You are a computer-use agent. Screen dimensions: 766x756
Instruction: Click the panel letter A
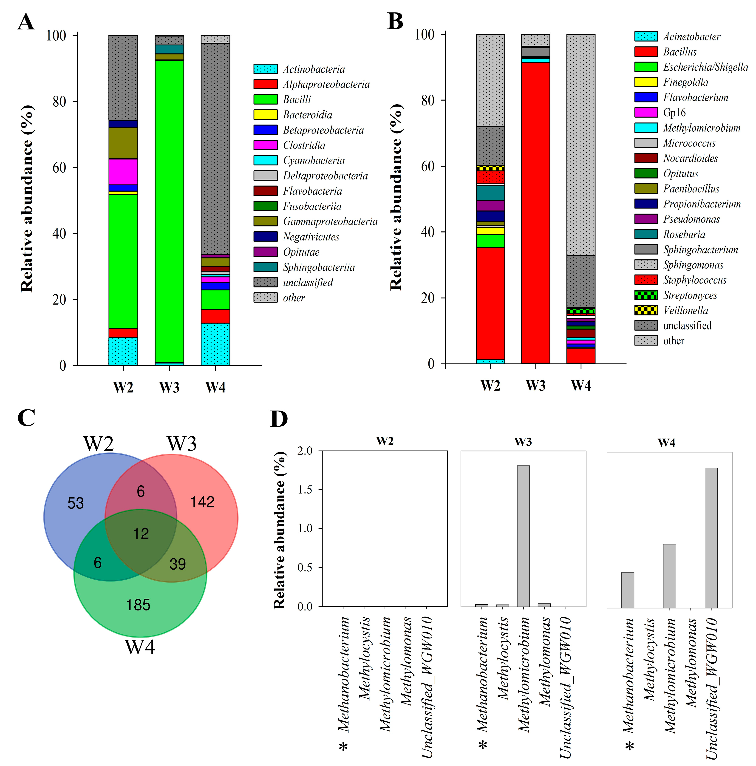click(26, 22)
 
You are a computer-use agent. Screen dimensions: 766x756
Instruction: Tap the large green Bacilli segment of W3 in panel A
click(169, 210)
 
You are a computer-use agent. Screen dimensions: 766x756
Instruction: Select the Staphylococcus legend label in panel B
click(695, 280)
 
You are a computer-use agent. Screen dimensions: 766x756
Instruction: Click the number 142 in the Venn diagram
click(202, 502)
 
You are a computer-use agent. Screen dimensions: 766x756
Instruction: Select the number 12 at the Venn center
click(141, 534)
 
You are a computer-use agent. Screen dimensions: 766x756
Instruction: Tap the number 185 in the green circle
click(138, 605)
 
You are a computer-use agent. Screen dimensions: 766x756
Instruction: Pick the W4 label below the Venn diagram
click(140, 647)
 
